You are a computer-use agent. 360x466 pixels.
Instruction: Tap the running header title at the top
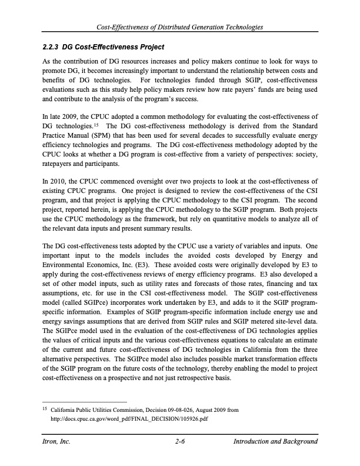tap(180, 28)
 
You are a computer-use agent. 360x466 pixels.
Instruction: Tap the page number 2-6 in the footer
tap(180, 442)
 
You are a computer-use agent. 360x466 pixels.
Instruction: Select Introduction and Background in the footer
tap(276, 442)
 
